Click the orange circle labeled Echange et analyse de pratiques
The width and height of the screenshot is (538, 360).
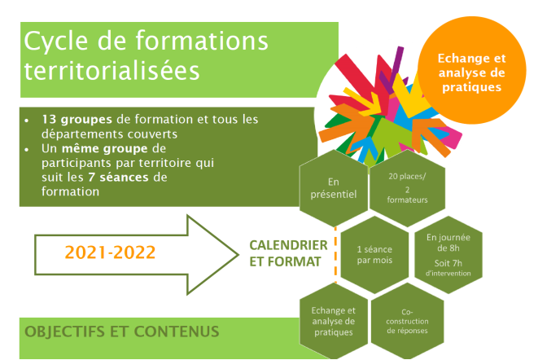tap(472, 70)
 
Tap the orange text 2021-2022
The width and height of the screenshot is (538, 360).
tap(110, 252)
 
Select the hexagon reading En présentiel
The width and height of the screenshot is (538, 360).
tap(334, 188)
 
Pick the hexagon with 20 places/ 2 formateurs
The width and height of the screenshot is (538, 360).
tap(407, 188)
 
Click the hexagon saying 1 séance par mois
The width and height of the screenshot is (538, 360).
tap(374, 255)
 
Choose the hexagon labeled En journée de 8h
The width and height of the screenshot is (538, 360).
tap(448, 255)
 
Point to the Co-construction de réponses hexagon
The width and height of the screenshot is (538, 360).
tap(407, 321)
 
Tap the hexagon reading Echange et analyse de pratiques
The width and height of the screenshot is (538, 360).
tap(334, 321)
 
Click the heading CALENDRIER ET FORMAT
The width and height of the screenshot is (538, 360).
tap(288, 253)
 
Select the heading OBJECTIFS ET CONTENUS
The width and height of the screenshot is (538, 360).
tap(122, 331)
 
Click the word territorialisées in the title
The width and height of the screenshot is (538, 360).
tap(112, 71)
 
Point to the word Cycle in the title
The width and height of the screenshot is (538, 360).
tap(56, 42)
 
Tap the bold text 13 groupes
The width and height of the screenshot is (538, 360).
tap(77, 120)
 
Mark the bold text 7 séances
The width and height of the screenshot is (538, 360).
tap(118, 178)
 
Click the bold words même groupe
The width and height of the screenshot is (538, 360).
tap(105, 149)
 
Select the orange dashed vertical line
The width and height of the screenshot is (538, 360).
tap(335, 255)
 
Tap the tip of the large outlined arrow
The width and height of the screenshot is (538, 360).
tap(238, 255)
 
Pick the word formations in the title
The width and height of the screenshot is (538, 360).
tap(202, 41)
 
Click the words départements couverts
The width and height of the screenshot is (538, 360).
tap(109, 134)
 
